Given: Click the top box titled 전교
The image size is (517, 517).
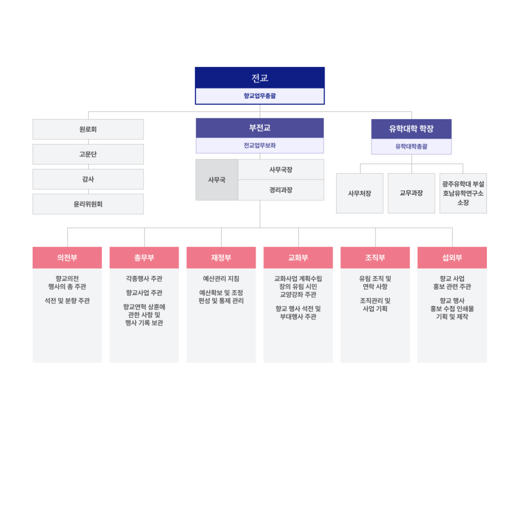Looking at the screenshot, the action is [x=260, y=86].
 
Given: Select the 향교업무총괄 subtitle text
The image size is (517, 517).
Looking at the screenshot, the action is [x=260, y=96].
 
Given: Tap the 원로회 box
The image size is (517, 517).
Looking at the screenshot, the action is [x=88, y=129].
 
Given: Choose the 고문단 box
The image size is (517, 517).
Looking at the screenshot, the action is [x=88, y=154].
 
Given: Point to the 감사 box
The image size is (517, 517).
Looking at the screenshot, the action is [x=88, y=179].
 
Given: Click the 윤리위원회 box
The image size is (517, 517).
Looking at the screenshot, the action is [x=88, y=204].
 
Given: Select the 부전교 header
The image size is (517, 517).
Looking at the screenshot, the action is [x=260, y=128].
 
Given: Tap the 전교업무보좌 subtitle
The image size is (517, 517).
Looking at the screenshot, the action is [x=260, y=146].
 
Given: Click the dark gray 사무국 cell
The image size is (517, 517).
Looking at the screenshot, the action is [x=217, y=180].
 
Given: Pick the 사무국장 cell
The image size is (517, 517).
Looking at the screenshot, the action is [x=281, y=170].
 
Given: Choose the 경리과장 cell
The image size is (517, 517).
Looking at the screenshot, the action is [x=281, y=190].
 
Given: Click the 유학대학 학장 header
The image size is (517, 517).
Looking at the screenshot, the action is [x=412, y=129].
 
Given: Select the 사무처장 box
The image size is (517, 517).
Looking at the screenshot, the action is [x=360, y=193].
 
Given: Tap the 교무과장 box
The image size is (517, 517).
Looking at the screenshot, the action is [x=412, y=193].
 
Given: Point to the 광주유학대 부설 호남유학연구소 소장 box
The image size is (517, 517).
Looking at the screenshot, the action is [x=463, y=193].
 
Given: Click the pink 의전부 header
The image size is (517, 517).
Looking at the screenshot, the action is [x=67, y=258].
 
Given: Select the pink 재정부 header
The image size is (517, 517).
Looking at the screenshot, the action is [x=221, y=258].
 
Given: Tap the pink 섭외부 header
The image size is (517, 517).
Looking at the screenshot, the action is [x=452, y=258].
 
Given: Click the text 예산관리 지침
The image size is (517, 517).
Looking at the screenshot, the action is [x=221, y=279].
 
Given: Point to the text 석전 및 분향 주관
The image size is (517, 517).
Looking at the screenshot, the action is [x=67, y=301].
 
